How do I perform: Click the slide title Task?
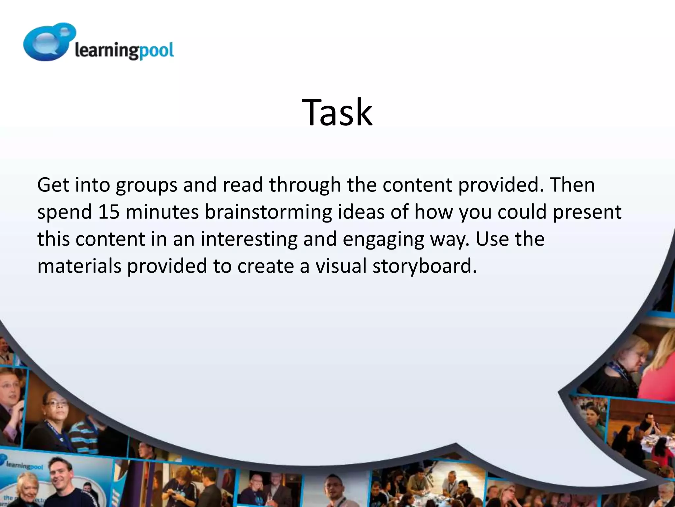coord(337,113)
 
